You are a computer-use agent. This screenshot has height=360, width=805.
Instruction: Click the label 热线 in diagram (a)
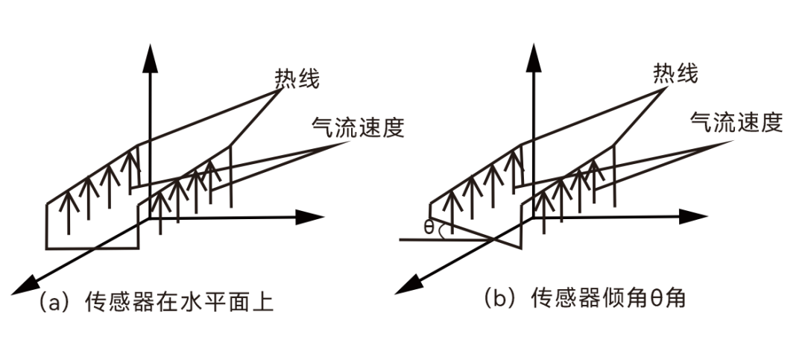pos(297,78)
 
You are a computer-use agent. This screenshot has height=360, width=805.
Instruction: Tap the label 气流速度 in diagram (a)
pos(357,127)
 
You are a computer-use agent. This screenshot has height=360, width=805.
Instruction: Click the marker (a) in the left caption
pos(52,303)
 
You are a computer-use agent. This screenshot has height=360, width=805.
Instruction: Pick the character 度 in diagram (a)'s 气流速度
pos(393,127)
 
